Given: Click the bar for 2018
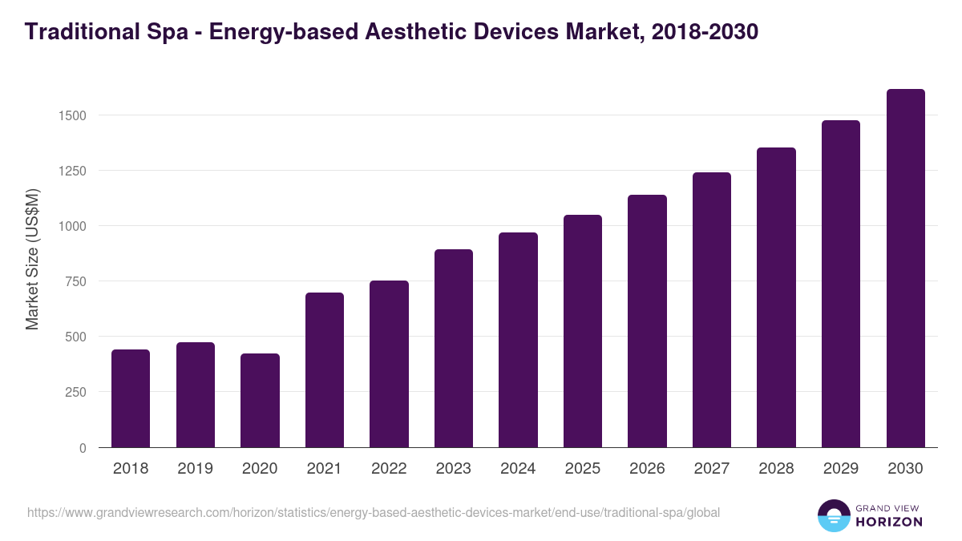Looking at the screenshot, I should (131, 398).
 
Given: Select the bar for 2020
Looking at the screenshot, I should (260, 401).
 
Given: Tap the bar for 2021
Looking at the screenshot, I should (325, 370).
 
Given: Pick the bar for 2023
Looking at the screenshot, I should (454, 349).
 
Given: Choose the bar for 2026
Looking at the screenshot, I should (647, 321).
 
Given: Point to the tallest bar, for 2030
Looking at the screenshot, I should (905, 268).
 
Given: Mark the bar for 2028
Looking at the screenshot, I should (776, 297).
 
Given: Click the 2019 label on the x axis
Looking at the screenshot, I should (195, 469).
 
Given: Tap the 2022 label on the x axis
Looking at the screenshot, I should (389, 469).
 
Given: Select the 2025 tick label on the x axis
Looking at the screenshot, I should (582, 469).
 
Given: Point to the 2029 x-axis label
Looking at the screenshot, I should (841, 469).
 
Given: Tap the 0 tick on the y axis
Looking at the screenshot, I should (83, 448).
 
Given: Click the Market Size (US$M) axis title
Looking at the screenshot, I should (32, 258).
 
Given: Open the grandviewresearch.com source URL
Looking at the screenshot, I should (374, 512).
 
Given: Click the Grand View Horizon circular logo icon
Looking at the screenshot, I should (833, 516).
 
